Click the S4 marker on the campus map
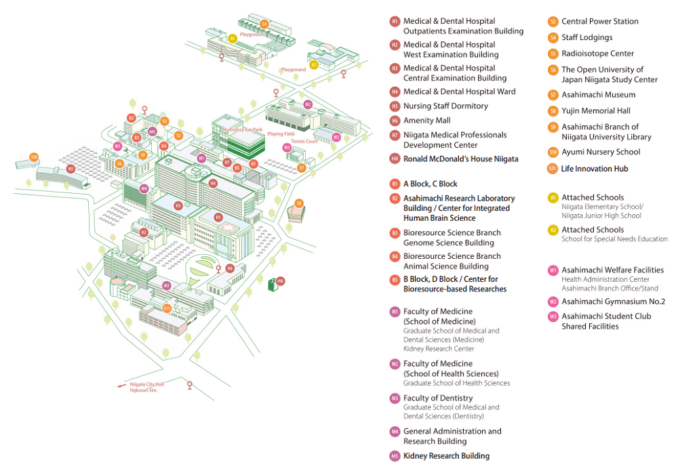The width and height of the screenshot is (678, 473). pyautogui.click(x=264, y=24)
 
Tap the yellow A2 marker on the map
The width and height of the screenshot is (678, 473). pyautogui.click(x=314, y=64)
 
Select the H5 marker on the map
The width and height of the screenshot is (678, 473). pyautogui.click(x=71, y=169)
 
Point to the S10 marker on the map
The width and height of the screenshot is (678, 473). pyautogui.click(x=33, y=157)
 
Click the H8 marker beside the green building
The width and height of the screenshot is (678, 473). pyautogui.click(x=280, y=281)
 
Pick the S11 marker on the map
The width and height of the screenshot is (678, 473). pyautogui.click(x=167, y=308)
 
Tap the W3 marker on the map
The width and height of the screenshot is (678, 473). pyautogui.click(x=287, y=147)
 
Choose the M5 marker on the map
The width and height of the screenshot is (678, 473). pyautogui.click(x=153, y=131)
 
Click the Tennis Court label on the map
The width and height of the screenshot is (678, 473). pyautogui.click(x=304, y=142)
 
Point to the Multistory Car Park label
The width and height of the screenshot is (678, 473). pyautogui.click(x=242, y=129)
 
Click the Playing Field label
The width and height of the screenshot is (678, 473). pyautogui.click(x=281, y=134)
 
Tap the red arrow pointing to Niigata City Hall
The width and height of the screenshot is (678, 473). pyautogui.click(x=117, y=386)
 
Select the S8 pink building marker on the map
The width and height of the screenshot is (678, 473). pyautogui.click(x=299, y=203)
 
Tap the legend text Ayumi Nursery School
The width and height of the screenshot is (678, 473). pyautogui.click(x=601, y=152)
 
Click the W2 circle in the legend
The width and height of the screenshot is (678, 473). pyautogui.click(x=553, y=302)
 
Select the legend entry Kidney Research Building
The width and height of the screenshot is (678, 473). pyautogui.click(x=446, y=456)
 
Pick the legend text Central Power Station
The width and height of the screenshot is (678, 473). pyautogui.click(x=599, y=21)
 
